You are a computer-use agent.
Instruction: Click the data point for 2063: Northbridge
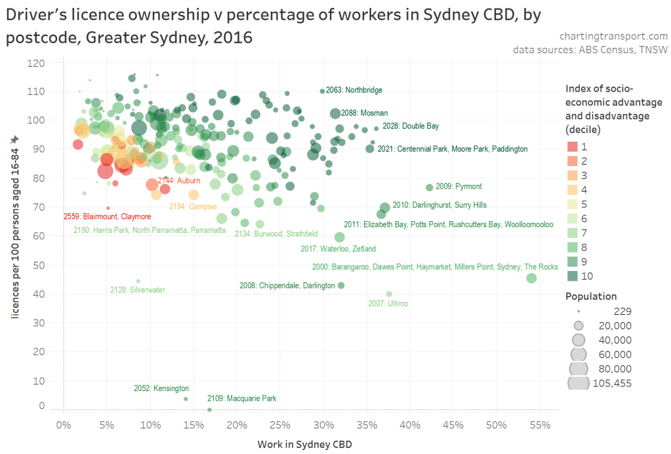pyautogui.click(x=322, y=91)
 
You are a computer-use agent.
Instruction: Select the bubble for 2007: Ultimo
pyautogui.click(x=389, y=294)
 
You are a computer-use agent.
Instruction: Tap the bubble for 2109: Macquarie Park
pyautogui.click(x=209, y=409)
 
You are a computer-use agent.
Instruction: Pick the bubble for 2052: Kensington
pyautogui.click(x=186, y=399)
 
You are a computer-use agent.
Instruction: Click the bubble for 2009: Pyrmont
pyautogui.click(x=430, y=188)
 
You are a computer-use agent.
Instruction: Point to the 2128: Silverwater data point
pyautogui.click(x=138, y=281)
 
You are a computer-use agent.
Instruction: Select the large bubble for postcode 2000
pyautogui.click(x=531, y=278)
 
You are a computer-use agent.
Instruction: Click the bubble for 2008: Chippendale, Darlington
pyautogui.click(x=340, y=285)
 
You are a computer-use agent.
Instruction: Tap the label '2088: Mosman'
pyautogui.click(x=364, y=113)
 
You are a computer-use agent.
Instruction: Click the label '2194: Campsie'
pyautogui.click(x=193, y=207)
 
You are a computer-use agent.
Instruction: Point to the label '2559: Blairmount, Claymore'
pyautogui.click(x=107, y=217)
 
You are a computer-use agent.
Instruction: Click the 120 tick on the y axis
pyautogui.click(x=36, y=63)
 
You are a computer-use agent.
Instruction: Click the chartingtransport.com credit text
pyautogui.click(x=614, y=36)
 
